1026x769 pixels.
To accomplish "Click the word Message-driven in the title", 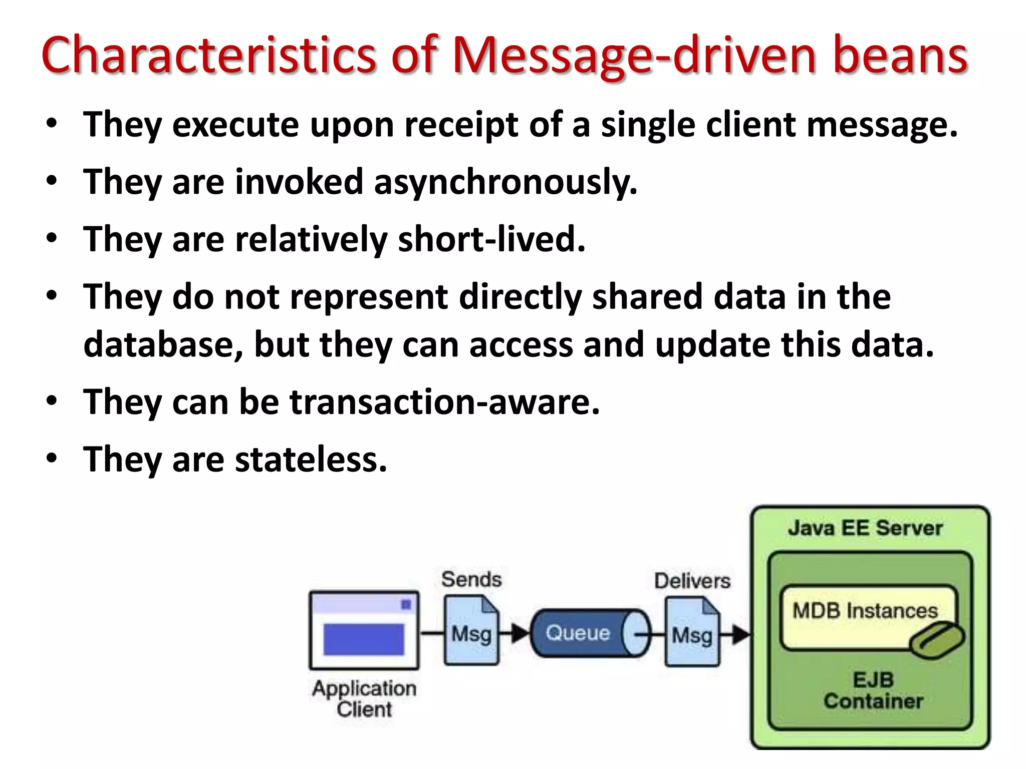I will [x=634, y=56].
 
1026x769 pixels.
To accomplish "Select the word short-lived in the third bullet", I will [x=491, y=239].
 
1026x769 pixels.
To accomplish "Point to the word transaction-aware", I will [x=444, y=402].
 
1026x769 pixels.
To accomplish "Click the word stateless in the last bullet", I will [x=311, y=460].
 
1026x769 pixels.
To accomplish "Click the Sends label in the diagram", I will [x=471, y=580].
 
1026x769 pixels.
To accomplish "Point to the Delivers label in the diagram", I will [x=692, y=581].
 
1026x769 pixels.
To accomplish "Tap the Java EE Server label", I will [x=865, y=528].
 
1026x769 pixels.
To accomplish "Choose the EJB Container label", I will [x=873, y=690].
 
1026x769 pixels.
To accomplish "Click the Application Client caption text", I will [x=364, y=699].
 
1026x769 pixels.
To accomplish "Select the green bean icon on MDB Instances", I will [x=936, y=640].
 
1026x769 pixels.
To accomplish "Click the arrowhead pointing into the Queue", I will [x=522, y=633].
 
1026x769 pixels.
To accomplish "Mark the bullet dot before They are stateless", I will [x=52, y=458].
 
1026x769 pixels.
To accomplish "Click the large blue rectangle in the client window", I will [x=363, y=639].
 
